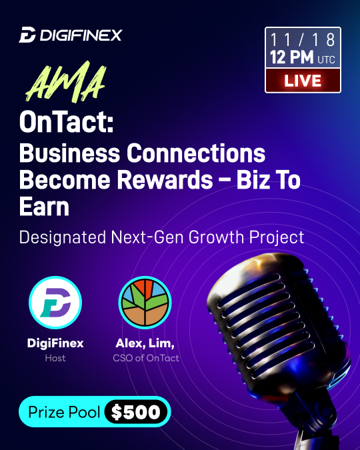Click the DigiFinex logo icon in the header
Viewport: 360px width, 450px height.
(x=27, y=35)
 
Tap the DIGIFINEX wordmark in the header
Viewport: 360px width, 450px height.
(x=80, y=35)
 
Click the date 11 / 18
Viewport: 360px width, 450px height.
(x=303, y=39)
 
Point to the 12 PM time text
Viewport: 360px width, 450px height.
(x=292, y=58)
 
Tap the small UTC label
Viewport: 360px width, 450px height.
(x=326, y=60)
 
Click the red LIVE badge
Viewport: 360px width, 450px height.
(x=303, y=81)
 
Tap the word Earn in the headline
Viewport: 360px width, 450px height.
(x=44, y=207)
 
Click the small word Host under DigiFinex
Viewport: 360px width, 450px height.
(x=55, y=359)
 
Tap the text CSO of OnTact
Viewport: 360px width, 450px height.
(x=145, y=359)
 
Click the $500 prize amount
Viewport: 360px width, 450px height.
(x=136, y=412)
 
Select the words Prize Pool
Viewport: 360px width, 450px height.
(x=64, y=412)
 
